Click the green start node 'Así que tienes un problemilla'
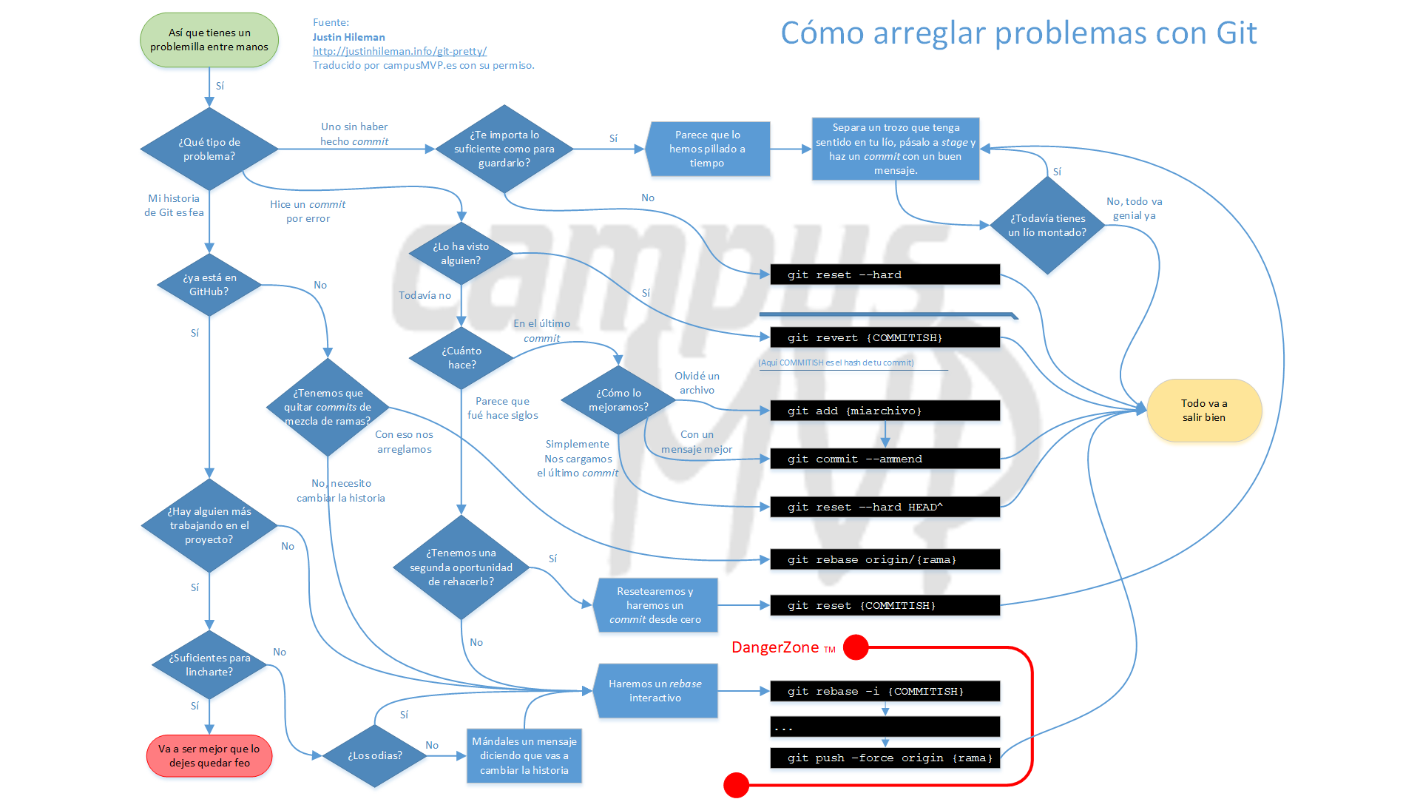point(209,40)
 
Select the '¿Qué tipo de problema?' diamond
point(209,149)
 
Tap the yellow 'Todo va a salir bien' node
point(1203,411)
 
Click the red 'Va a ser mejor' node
point(209,756)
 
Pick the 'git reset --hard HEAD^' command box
point(885,507)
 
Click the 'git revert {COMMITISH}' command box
point(885,337)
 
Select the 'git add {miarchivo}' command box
point(885,411)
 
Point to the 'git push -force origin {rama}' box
point(885,758)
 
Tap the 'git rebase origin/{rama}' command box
point(885,559)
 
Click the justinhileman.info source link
point(399,51)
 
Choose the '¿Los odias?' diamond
point(375,755)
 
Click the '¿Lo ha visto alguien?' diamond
point(461,254)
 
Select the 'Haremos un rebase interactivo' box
point(655,691)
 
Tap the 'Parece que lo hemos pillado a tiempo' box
point(708,149)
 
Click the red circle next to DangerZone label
point(856,647)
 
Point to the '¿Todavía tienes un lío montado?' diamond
point(1047,226)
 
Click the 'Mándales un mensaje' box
point(524,755)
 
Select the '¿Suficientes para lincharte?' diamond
point(209,664)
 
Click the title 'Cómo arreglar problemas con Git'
point(1018,33)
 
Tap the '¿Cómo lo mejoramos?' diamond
point(618,400)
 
